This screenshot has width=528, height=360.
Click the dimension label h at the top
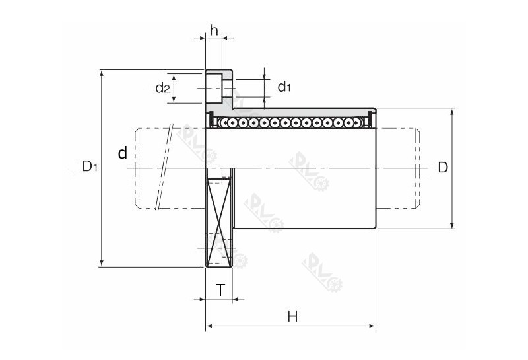(x=214, y=30)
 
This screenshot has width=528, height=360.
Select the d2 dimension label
(x=162, y=88)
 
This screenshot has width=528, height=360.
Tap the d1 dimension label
(x=284, y=87)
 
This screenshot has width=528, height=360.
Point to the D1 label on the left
(x=90, y=166)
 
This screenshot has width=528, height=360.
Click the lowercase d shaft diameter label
(x=122, y=154)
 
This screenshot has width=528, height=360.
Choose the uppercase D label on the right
(x=443, y=167)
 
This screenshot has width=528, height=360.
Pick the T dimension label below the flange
(x=220, y=289)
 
